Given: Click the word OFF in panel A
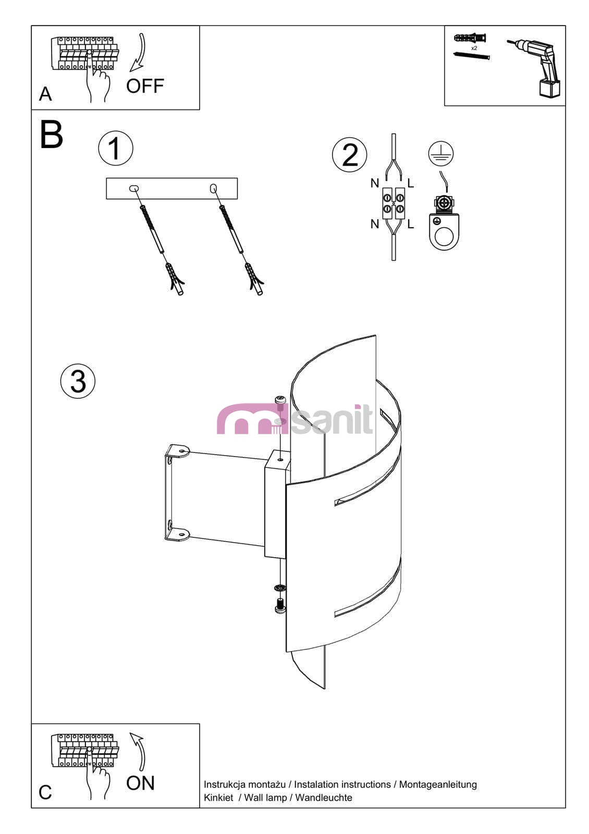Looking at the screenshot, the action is pos(145,86).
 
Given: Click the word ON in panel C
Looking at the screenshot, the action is pos(140,783).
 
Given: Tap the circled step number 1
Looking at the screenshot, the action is pos(115,148).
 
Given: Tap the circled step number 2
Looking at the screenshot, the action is pos(349,155).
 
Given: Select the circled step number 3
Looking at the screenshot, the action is pos(78,381).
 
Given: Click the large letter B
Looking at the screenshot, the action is pos(52,134).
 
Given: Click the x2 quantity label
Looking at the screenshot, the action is pos(474,48).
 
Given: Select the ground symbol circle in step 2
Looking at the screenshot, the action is pos(440,154).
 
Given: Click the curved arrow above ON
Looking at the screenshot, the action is pos(140,751).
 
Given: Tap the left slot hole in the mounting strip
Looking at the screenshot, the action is pos(133,188).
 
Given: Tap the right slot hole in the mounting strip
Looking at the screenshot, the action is pos(213,189).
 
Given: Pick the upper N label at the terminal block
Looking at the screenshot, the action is pos(375,183).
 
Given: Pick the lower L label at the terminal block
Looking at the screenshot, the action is pos(411,224).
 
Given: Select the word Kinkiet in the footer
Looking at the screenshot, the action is pos(218,798).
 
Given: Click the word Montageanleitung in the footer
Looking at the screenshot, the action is pos(438,784).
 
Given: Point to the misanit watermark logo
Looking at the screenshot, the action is pos(295,420).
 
